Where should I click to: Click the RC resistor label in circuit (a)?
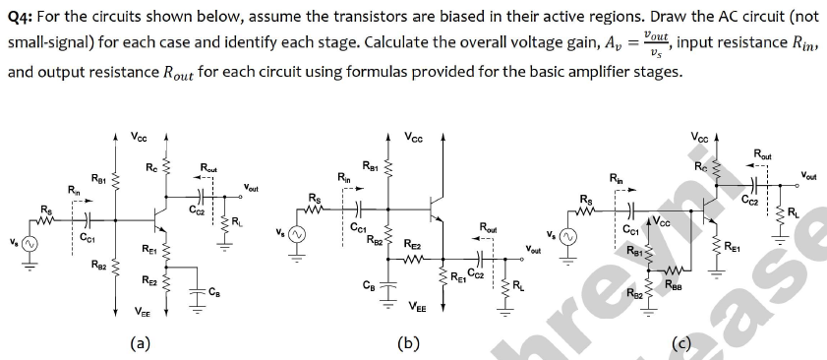pos(150,169)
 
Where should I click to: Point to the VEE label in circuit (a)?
pos(143,314)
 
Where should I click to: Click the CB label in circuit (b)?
pos(368,285)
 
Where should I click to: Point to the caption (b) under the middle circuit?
pos(408,343)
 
